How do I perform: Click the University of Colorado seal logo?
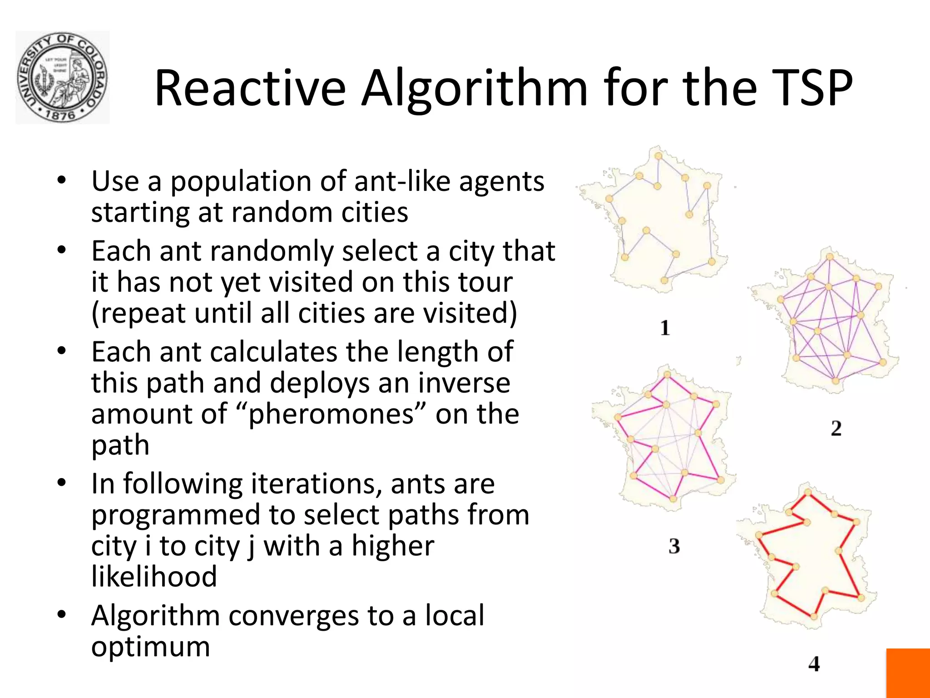coord(62,77)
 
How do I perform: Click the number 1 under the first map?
coord(665,328)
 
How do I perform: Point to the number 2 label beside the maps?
coord(836,428)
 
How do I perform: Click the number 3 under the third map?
coord(674,546)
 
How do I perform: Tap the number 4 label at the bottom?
coord(814,664)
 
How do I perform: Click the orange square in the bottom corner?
coord(908,673)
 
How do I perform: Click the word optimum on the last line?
coord(150,647)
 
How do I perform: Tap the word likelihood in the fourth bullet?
coord(154,577)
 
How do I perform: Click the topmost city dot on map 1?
coord(658,156)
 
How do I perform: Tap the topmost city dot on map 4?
coord(808,492)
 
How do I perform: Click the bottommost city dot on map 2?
coord(835,381)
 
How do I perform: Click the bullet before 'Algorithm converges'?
coord(62,615)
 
